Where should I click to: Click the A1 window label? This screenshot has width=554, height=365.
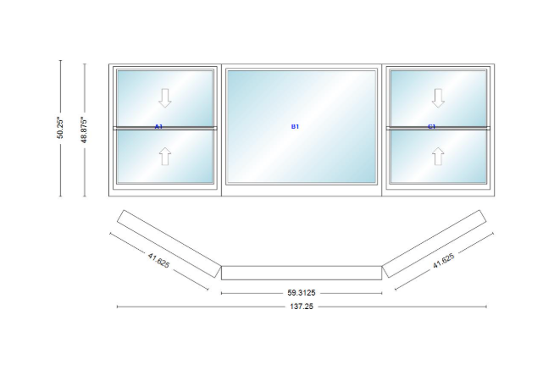[x=158, y=126]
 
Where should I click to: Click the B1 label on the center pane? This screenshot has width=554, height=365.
[x=295, y=126]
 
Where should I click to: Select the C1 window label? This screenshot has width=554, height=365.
[x=432, y=126]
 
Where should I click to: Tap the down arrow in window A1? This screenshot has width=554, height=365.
[x=165, y=98]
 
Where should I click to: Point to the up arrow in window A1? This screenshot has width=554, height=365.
[x=165, y=156]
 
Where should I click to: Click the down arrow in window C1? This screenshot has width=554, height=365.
[x=438, y=98]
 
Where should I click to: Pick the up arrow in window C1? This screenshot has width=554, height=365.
[x=438, y=156]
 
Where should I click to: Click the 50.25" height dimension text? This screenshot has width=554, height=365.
[x=60, y=128]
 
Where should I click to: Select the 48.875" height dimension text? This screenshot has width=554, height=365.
[x=84, y=130]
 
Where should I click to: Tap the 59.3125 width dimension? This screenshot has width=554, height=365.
[x=302, y=293]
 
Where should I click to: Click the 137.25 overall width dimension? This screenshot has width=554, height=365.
[x=302, y=307]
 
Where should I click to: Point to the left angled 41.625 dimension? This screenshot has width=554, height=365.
[x=158, y=260]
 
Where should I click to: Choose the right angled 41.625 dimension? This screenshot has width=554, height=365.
[x=444, y=261]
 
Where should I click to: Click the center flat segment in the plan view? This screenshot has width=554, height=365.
[x=302, y=273]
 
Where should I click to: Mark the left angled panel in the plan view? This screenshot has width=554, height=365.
[x=169, y=244]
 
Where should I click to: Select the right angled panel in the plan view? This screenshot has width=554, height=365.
[x=435, y=244]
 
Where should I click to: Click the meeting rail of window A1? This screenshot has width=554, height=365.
[x=165, y=128]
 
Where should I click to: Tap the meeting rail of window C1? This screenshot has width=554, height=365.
[x=438, y=128]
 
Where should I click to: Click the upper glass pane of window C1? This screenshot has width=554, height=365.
[x=438, y=98]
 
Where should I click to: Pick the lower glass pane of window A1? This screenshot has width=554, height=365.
[x=165, y=157]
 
